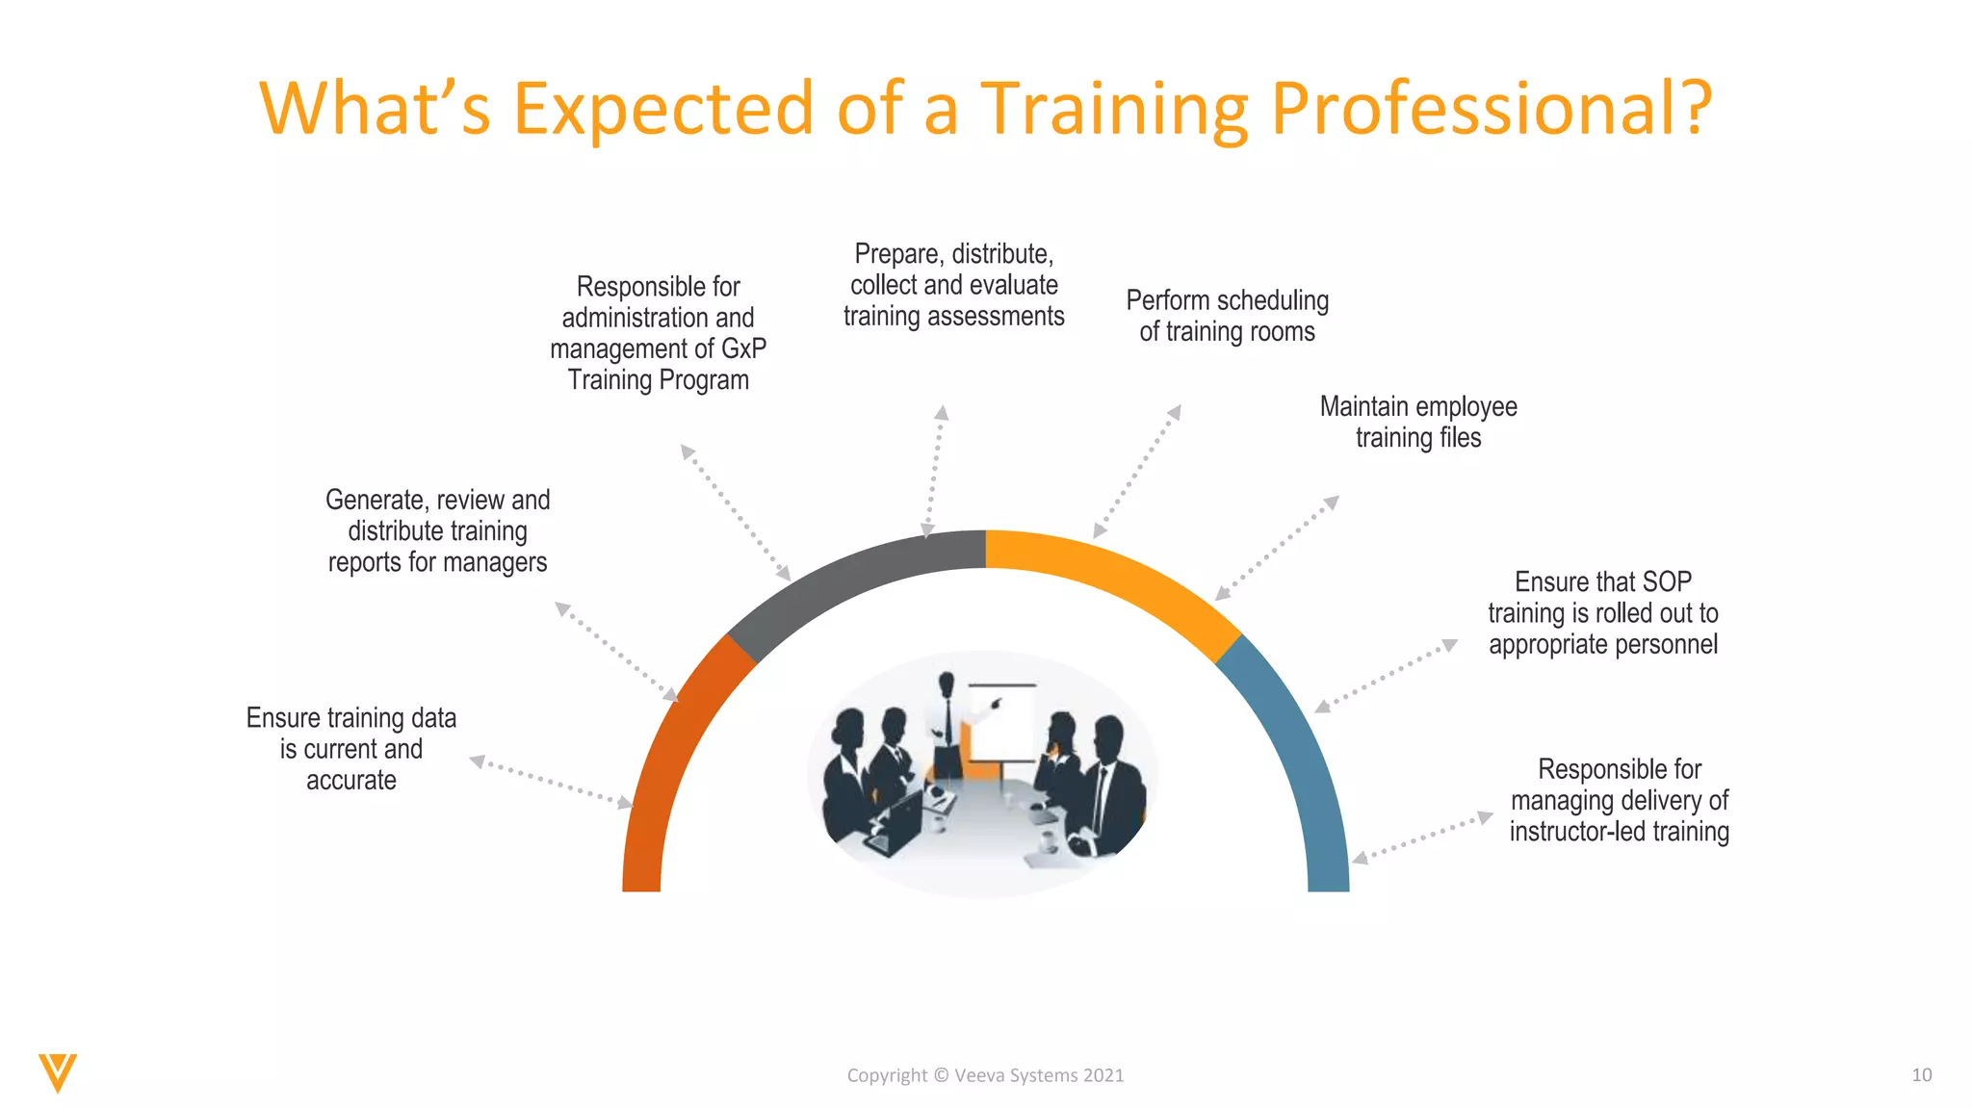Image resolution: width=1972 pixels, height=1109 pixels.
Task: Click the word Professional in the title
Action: point(1491,108)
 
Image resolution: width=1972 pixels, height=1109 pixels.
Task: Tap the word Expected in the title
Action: point(664,108)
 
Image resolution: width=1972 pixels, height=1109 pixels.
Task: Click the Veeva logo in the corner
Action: point(58,1072)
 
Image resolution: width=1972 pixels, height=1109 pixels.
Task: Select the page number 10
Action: point(1921,1075)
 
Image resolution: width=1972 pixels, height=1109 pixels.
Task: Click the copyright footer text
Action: point(985,1075)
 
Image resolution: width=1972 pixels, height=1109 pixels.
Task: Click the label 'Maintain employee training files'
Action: point(1418,422)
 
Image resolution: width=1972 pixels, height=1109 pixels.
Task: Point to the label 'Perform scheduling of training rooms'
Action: point(1227,316)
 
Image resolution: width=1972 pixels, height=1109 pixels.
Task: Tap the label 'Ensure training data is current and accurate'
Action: point(351,749)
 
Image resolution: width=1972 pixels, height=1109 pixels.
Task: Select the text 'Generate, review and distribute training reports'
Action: point(437,530)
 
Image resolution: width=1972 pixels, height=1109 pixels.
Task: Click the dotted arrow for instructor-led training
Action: point(1422,838)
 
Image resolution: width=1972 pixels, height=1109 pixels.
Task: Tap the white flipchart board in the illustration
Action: point(1001,722)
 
